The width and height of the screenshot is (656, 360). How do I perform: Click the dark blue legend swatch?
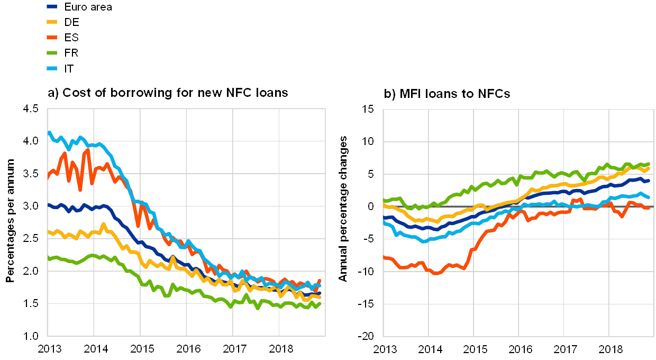[x=52, y=7]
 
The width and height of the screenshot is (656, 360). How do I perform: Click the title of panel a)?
[x=168, y=93]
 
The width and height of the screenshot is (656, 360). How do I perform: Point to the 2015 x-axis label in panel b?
[x=476, y=349]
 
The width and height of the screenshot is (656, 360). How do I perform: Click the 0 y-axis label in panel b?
[x=370, y=206]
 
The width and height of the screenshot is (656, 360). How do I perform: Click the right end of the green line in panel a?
[x=320, y=303]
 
